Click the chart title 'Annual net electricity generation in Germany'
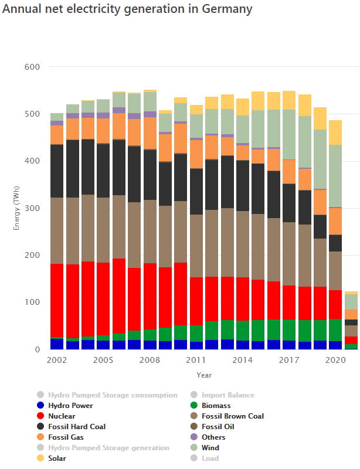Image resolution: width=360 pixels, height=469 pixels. pos(128,9)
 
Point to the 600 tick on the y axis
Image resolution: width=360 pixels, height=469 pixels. pos(32,67)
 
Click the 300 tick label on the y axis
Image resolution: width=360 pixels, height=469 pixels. pos(32,208)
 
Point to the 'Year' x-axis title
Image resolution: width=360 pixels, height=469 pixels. pos(204,374)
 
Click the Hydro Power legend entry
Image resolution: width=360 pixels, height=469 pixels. pos(70,405)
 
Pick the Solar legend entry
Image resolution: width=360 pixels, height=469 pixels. pos(57,458)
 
